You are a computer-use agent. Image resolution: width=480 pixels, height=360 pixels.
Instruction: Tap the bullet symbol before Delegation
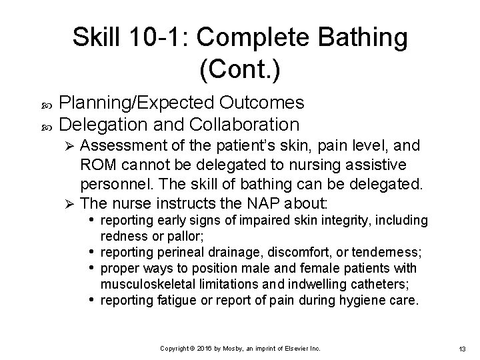tap(45, 125)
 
